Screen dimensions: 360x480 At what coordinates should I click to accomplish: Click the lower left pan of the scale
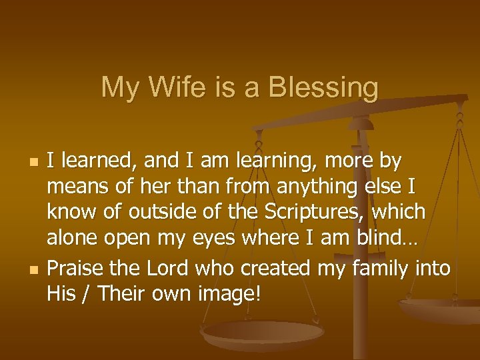[x=263, y=331]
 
